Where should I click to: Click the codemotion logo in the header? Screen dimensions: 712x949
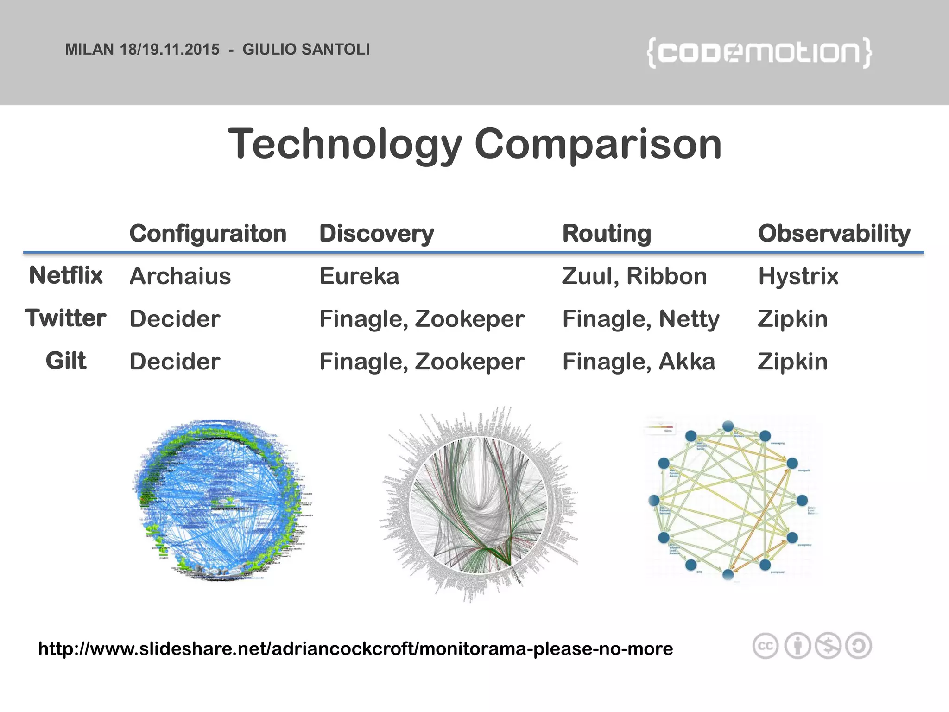coord(759,53)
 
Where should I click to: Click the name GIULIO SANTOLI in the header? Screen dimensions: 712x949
coord(306,50)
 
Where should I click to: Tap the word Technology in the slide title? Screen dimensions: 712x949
coord(345,144)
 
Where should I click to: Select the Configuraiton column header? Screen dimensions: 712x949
coord(208,233)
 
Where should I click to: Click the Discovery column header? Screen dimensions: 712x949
coord(376,233)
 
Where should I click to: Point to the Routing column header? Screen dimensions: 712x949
coord(606,233)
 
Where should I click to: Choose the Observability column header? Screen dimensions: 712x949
coord(834,233)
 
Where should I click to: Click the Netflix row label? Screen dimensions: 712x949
coord(66,276)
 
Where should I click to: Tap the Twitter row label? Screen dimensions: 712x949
coord(66,318)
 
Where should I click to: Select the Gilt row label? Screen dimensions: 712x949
coord(66,361)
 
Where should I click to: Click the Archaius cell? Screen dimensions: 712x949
coord(180,276)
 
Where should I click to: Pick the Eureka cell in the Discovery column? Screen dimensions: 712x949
coord(359,276)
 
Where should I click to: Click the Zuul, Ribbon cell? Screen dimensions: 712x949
coord(634,276)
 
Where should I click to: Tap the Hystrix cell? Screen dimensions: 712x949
coord(798,276)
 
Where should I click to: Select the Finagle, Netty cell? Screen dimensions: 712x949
coord(641,319)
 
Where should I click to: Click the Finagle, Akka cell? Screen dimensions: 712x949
coord(639,362)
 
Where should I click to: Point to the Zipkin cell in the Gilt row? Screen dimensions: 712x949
coord(792,362)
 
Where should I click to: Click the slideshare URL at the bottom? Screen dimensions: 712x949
coord(355,648)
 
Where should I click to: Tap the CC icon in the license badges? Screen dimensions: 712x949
coord(765,646)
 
